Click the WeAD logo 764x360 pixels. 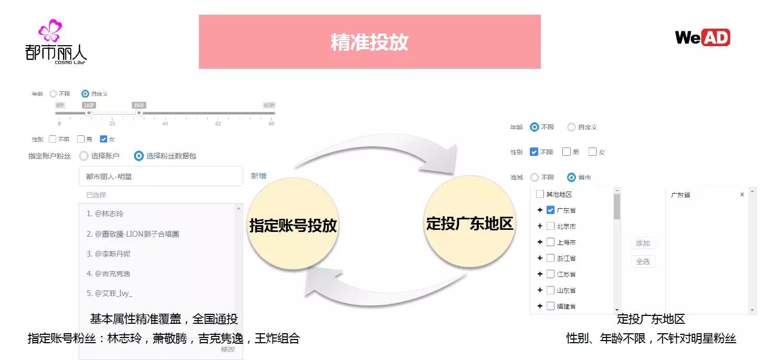coord(702,37)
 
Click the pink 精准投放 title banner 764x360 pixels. coord(370,42)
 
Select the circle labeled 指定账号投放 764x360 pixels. coord(292,225)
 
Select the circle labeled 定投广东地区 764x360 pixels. coord(469,223)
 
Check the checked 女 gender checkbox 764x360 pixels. coord(103,139)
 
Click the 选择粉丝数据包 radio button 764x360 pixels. coord(139,156)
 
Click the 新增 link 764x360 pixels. coord(258,176)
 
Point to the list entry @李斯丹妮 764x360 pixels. coord(112,253)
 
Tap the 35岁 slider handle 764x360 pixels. coord(139,113)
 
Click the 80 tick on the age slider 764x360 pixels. coord(271,123)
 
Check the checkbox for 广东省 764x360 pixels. coord(550,210)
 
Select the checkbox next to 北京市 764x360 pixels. coord(550,226)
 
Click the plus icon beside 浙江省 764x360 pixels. coord(540,258)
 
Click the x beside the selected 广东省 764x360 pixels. coord(742,195)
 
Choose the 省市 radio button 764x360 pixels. coord(571,177)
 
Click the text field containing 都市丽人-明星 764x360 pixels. coord(161,177)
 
